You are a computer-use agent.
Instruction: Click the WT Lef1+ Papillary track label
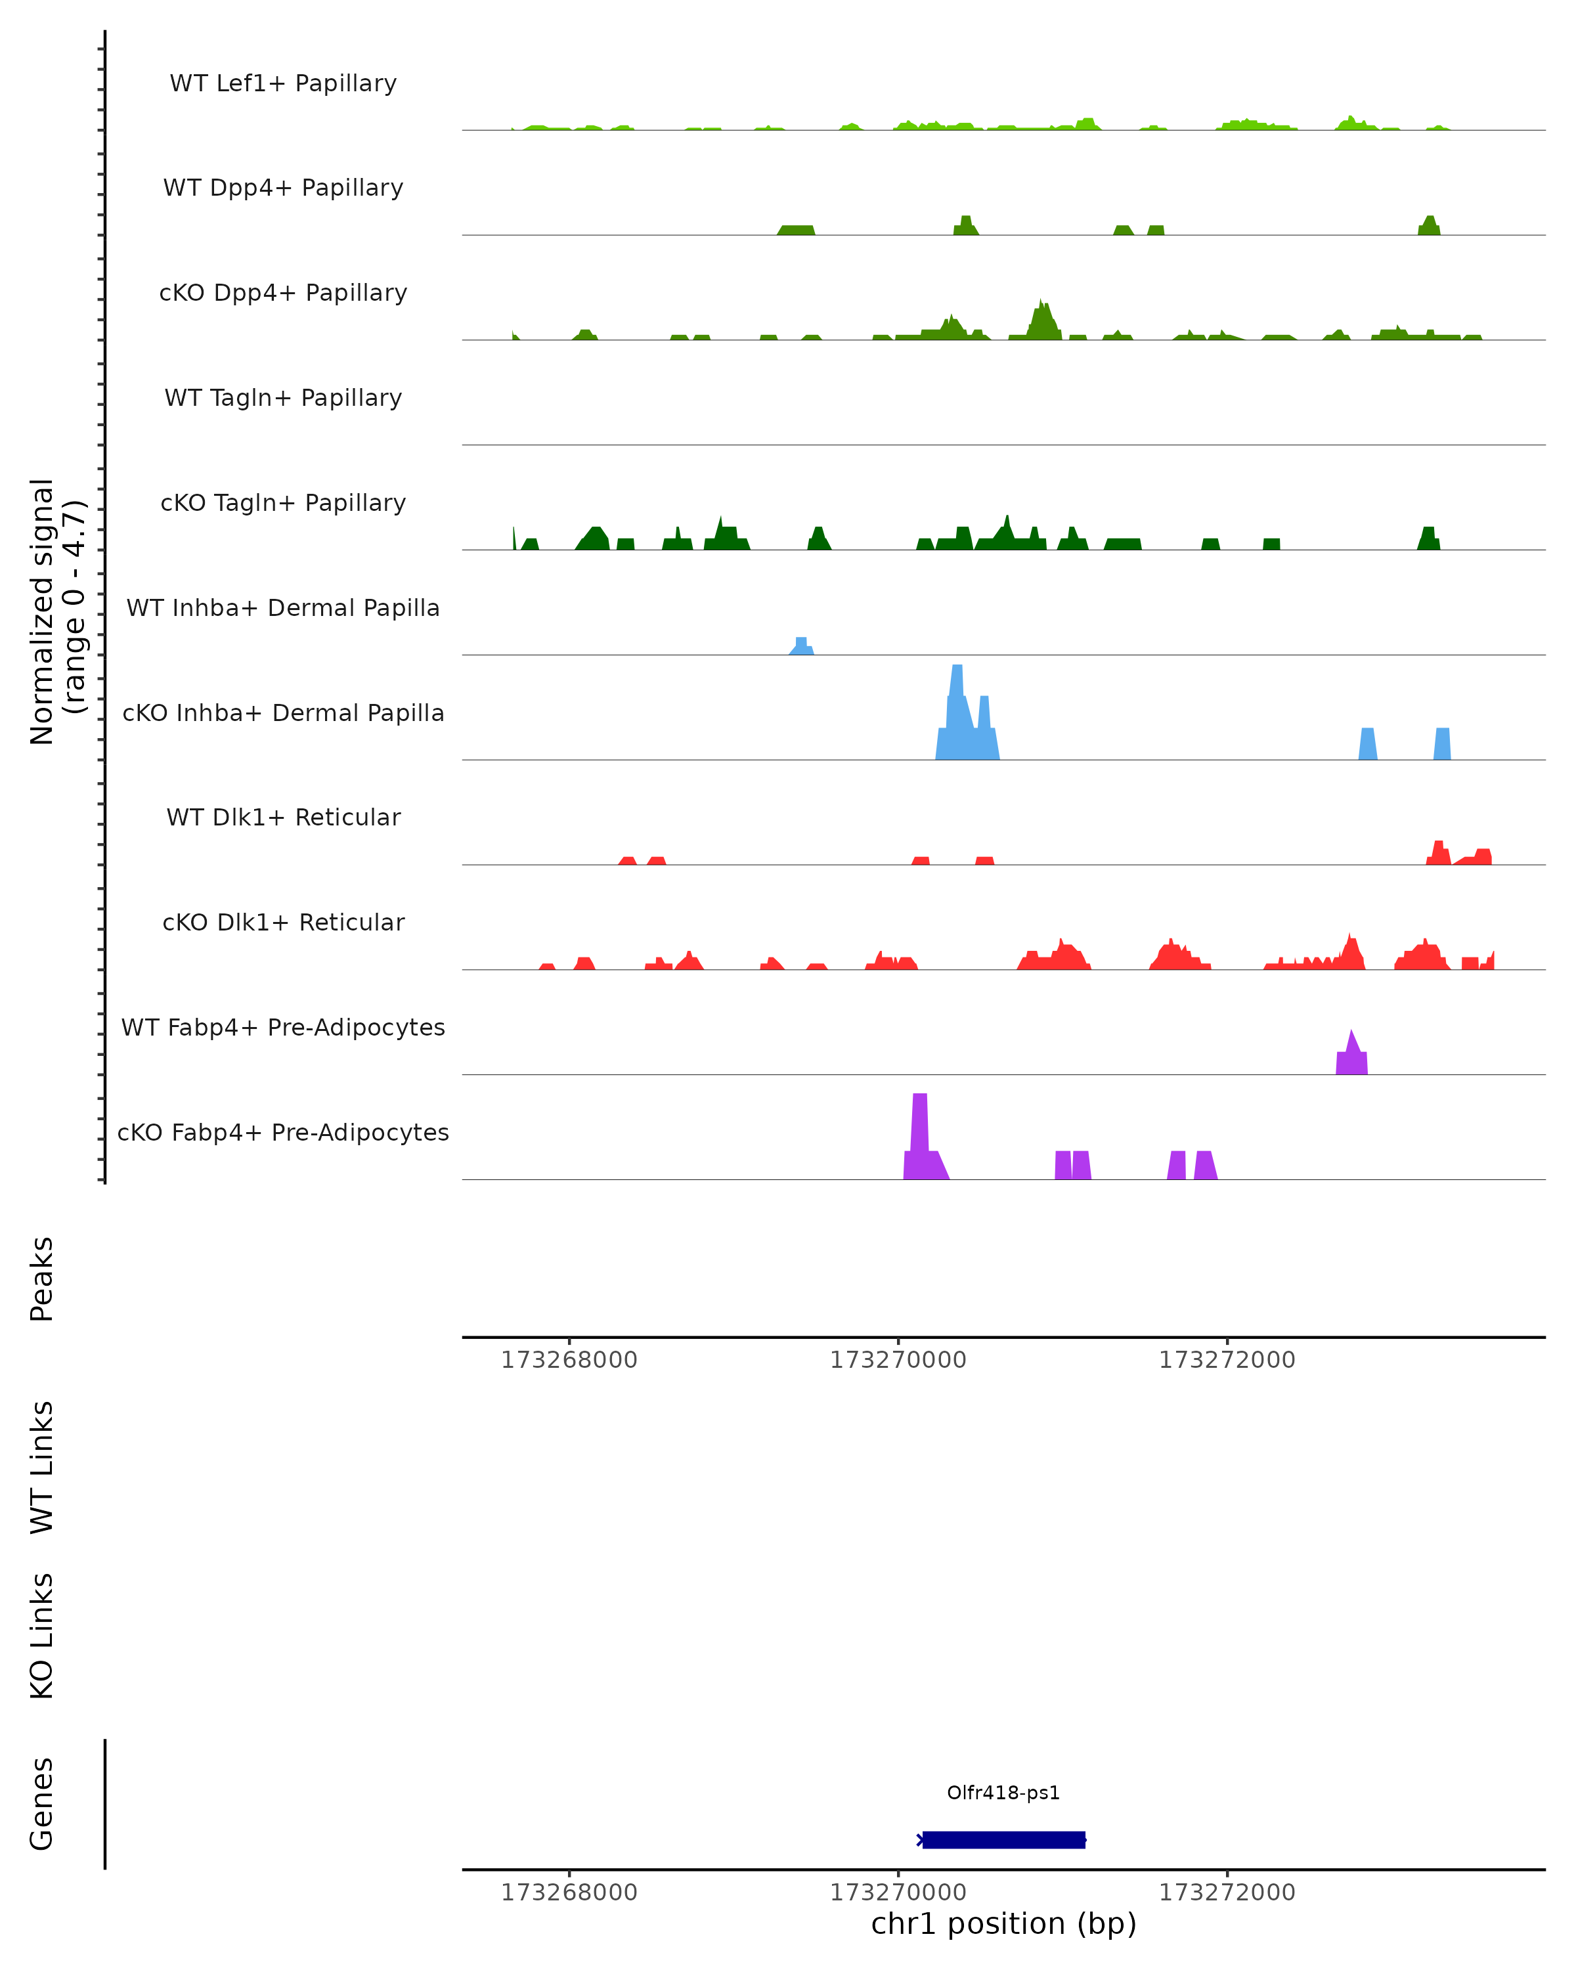[x=283, y=83]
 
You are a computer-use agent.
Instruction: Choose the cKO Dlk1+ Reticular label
[x=283, y=922]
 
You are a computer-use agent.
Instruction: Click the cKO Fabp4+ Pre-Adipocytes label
[x=283, y=1132]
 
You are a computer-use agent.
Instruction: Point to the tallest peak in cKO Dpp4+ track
[x=1042, y=320]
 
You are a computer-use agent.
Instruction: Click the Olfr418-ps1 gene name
[x=1003, y=1793]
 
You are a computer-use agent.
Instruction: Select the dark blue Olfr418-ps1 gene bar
[x=1003, y=1839]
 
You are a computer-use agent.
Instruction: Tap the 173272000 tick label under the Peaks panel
[x=1227, y=1360]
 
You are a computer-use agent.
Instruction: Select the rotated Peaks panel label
[x=42, y=1279]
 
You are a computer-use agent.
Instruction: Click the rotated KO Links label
[x=42, y=1636]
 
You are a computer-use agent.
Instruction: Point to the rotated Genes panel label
[x=42, y=1804]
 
